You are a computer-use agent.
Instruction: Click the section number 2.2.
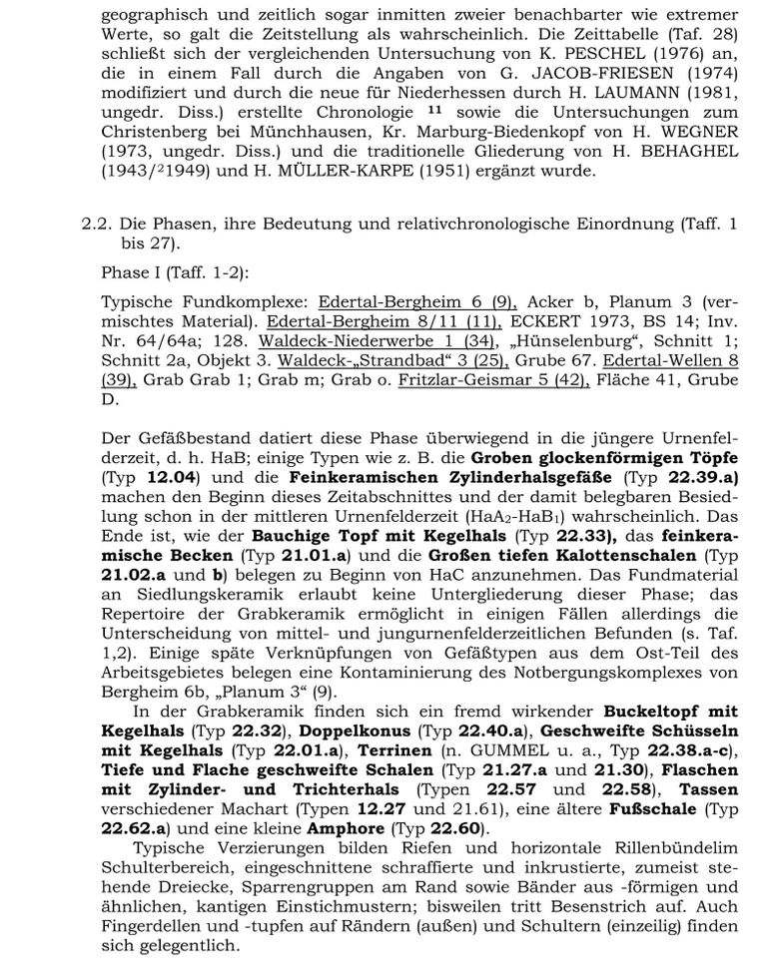(97, 226)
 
